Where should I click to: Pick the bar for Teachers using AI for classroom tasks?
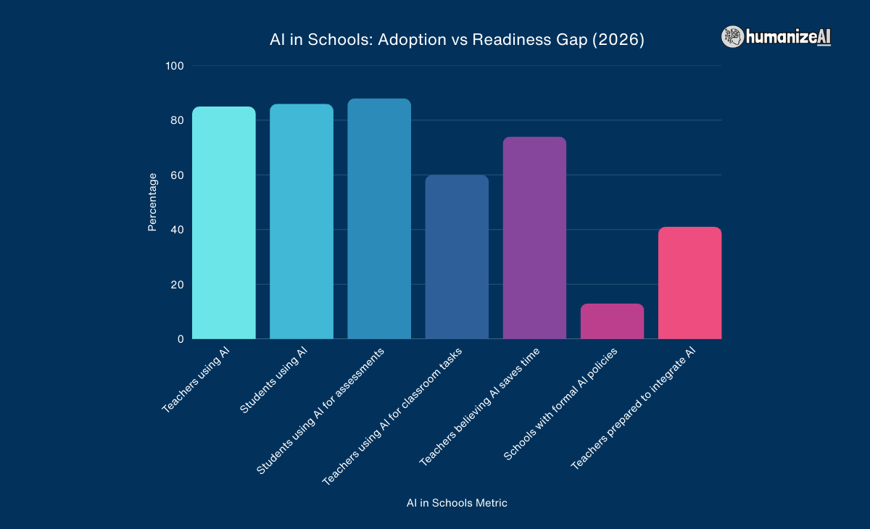[457, 257]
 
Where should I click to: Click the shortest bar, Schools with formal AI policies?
[612, 321]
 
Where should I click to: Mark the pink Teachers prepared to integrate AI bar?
[689, 283]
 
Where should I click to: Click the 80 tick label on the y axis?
[177, 120]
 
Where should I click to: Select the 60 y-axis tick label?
[177, 175]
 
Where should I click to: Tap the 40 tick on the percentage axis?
[177, 230]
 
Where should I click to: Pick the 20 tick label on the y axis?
[177, 285]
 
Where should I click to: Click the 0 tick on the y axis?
[180, 339]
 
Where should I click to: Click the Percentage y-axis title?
[152, 202]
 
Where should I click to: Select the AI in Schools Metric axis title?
[457, 503]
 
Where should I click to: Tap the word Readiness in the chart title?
[502, 41]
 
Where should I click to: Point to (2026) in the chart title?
[618, 41]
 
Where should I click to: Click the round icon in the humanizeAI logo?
[732, 37]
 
